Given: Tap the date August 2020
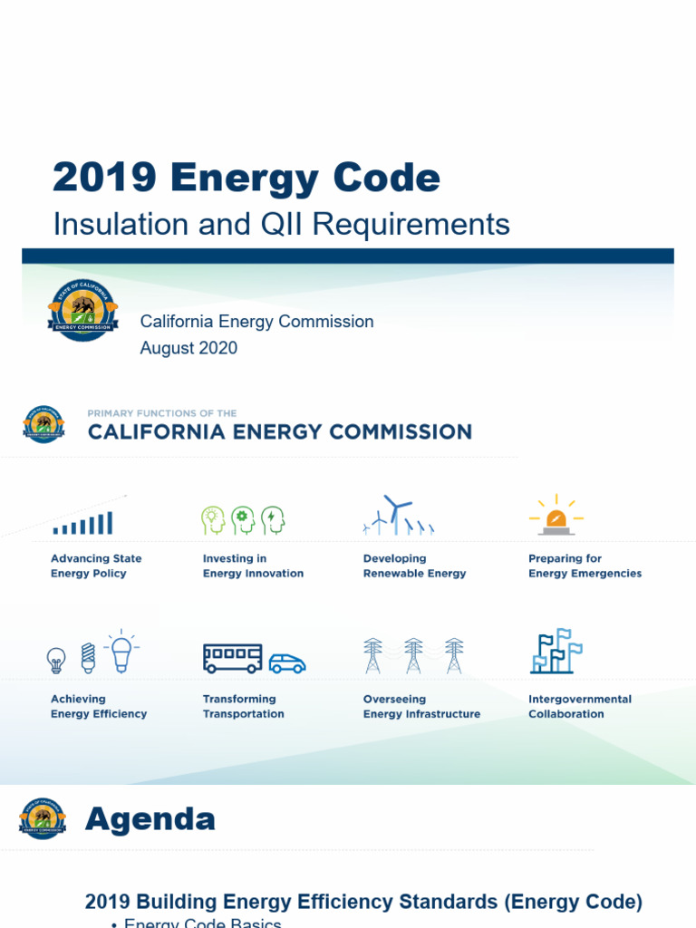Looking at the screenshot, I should point(188,348).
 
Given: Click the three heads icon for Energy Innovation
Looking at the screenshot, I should point(243,520).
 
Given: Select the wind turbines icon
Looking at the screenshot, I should point(399,515).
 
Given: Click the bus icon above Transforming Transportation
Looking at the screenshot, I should point(232,658).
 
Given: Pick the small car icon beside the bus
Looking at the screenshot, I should point(287,663).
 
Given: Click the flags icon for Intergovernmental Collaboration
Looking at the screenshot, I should point(556,651).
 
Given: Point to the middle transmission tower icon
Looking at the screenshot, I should point(413,655).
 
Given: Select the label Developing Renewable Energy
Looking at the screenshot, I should point(414,566).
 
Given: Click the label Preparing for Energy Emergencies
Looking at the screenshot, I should point(585,566).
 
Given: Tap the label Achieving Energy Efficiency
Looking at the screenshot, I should point(98,707).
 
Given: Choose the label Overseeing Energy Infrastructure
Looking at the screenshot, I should point(421,707).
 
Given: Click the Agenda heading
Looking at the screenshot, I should point(150,819).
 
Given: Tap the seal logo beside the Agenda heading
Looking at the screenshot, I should point(43,818).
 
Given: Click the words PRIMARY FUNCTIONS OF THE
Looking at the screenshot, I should point(162,413).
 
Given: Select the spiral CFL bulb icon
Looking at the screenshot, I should point(88,657).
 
